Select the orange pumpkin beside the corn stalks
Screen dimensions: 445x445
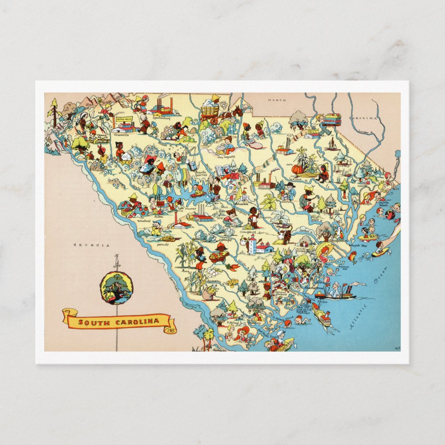(297, 169)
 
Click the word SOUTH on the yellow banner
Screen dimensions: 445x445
(91, 322)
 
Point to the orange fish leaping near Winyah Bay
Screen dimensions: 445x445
(353, 256)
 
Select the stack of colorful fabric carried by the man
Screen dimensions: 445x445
(332, 119)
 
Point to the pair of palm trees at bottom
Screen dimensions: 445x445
(205, 336)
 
